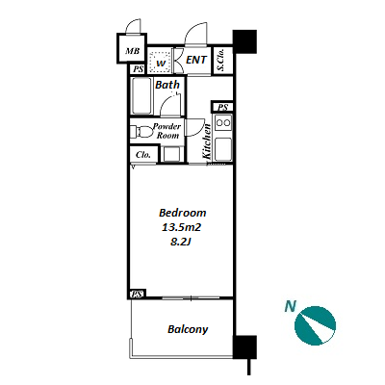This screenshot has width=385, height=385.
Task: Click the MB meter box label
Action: pyautogui.click(x=132, y=51)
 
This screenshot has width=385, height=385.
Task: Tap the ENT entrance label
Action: pyautogui.click(x=196, y=60)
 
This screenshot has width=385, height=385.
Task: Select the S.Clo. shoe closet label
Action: pyautogui.click(x=220, y=60)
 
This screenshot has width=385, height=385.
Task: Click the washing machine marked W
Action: pyautogui.click(x=161, y=59)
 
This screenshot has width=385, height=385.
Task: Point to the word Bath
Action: pyautogui.click(x=167, y=85)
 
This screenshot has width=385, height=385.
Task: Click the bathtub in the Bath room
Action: pyautogui.click(x=141, y=96)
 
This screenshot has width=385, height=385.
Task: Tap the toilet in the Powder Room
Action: pyautogui.click(x=141, y=132)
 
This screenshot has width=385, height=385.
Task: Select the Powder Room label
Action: pyautogui.click(x=167, y=131)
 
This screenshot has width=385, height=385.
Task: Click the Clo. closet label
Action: pyautogui.click(x=142, y=155)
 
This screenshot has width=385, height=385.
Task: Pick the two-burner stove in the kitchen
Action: pyautogui.click(x=223, y=123)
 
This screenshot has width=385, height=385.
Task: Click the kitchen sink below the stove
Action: pyautogui.click(x=223, y=149)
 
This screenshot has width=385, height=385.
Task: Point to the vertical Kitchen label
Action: pyautogui.click(x=207, y=141)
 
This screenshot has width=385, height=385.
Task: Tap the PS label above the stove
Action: pyautogui.click(x=222, y=107)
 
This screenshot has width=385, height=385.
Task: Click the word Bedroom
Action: pyautogui.click(x=183, y=213)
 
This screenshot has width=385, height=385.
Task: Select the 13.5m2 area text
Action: pyautogui.click(x=181, y=227)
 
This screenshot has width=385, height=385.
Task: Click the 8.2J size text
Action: pyautogui.click(x=181, y=243)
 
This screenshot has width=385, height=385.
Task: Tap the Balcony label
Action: pyautogui.click(x=188, y=329)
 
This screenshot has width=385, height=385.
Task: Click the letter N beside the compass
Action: pyautogui.click(x=290, y=306)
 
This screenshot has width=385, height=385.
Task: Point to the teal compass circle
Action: pyautogui.click(x=315, y=325)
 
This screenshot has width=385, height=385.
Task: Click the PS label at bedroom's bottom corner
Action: pyautogui.click(x=138, y=294)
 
